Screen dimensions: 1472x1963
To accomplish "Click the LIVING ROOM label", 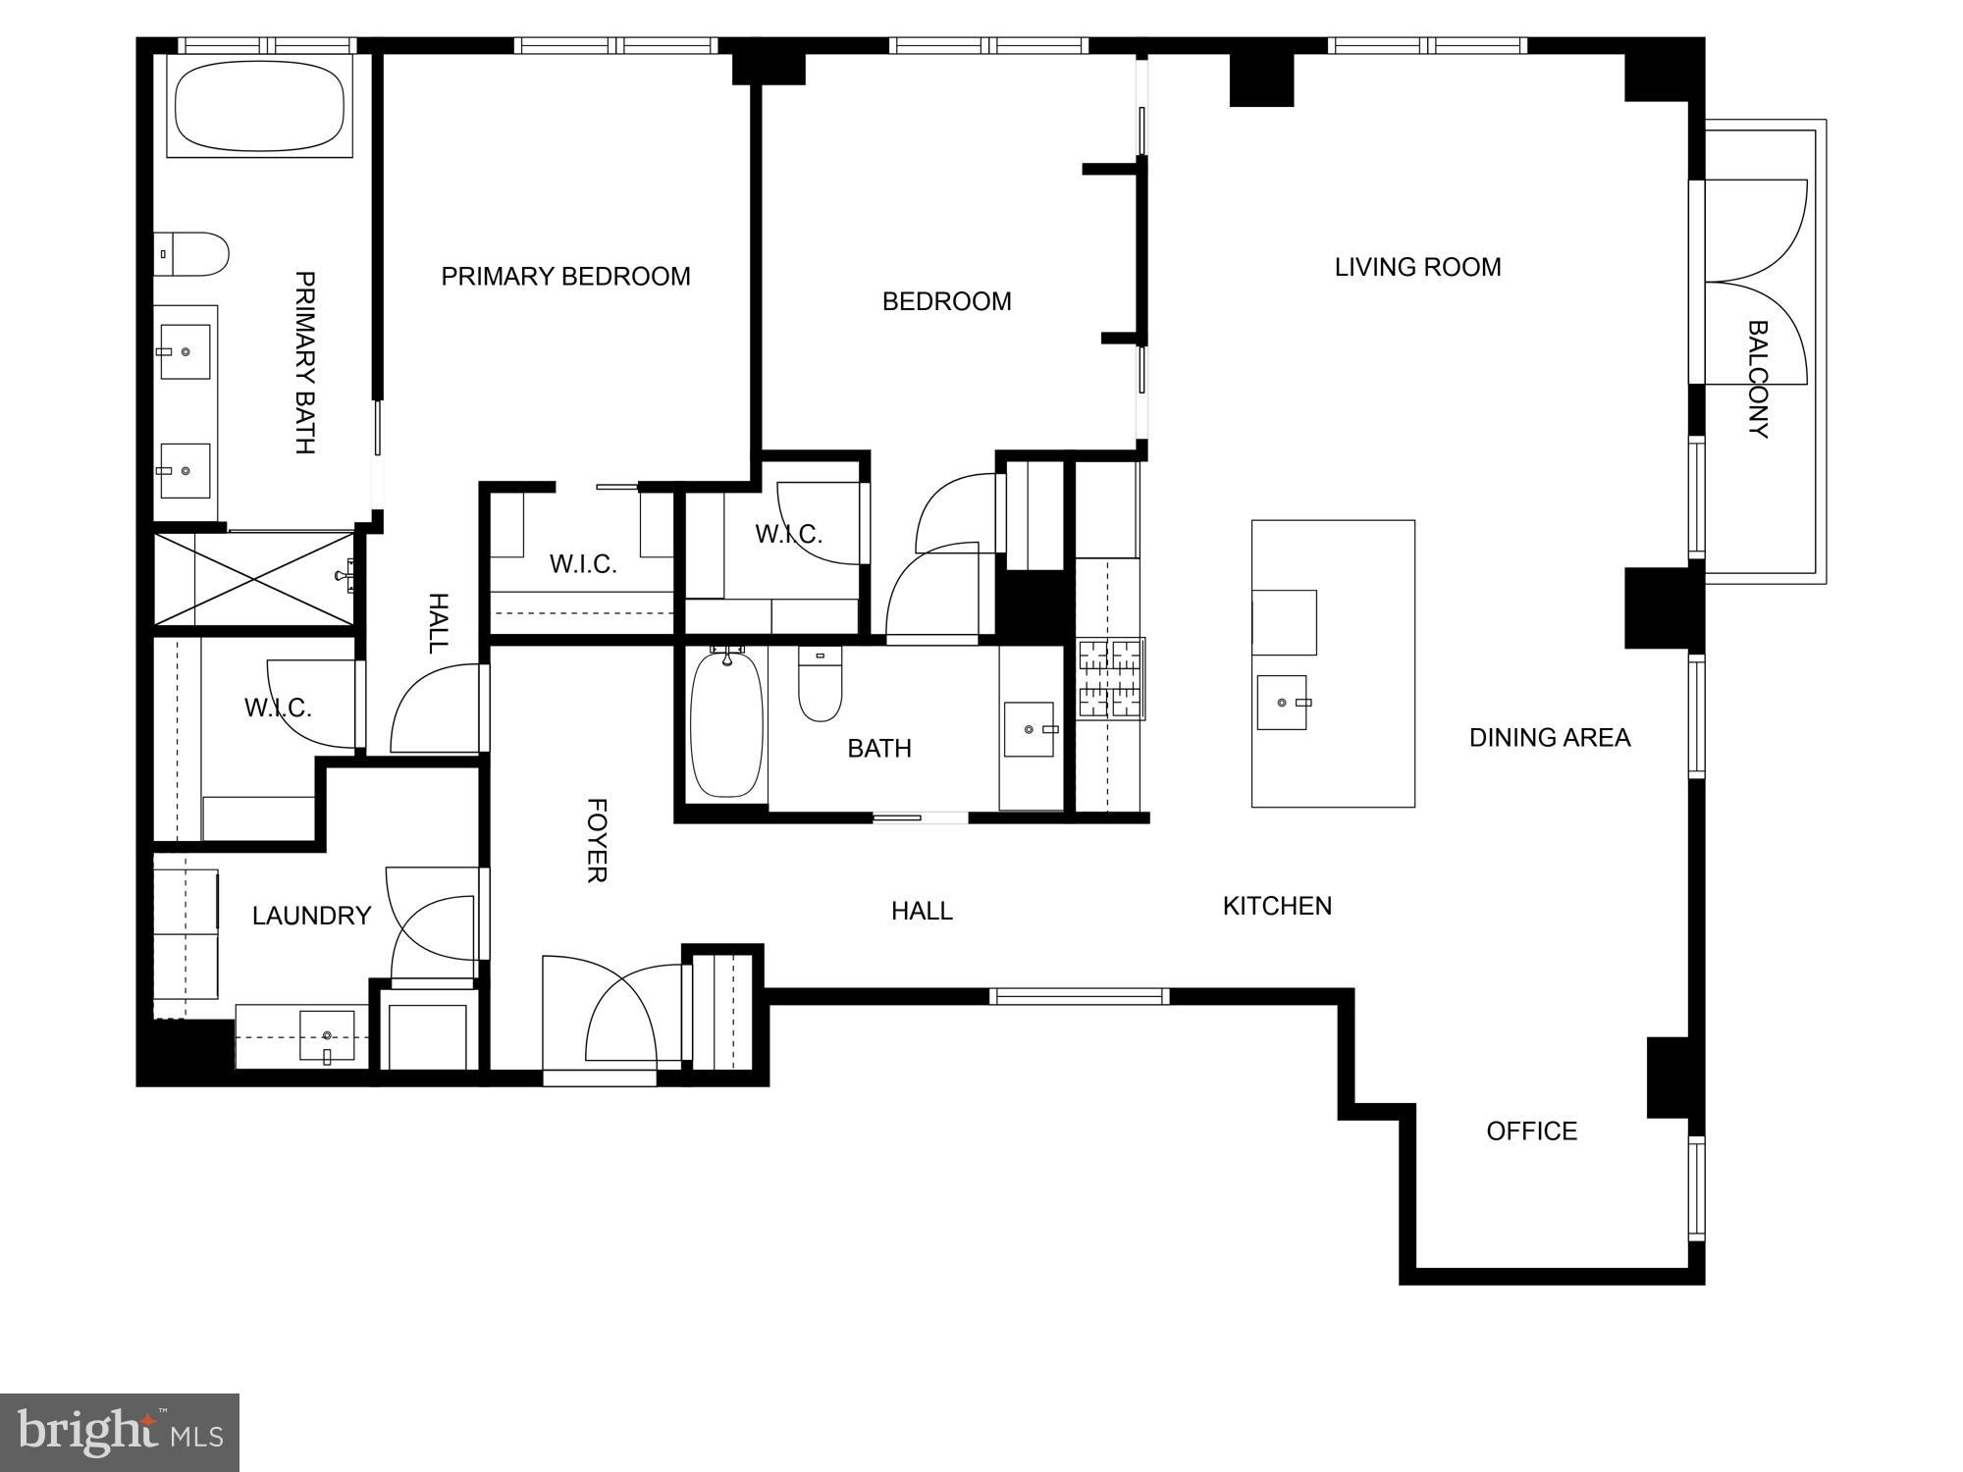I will click(1417, 267).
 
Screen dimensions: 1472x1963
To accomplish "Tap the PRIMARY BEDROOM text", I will click(565, 277).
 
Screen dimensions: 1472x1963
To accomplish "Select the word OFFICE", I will click(1531, 1131).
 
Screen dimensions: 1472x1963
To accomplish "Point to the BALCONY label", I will click(1758, 379).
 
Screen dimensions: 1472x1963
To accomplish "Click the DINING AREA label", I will click(1549, 738).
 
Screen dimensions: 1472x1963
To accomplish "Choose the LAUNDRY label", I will click(311, 916).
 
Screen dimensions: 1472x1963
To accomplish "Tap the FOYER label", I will click(596, 840).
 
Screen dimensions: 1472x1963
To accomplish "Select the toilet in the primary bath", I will click(194, 254).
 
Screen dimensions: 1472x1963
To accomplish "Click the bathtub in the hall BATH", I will click(726, 725).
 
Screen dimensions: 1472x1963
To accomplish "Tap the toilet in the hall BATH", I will click(820, 687).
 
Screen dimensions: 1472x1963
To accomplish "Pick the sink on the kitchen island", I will click(1282, 703).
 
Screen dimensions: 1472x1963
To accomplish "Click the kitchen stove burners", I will click(1111, 678).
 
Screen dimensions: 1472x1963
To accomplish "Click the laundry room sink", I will click(326, 1035).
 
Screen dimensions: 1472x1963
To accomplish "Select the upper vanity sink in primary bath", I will click(185, 351).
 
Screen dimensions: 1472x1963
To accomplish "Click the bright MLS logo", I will click(119, 1432).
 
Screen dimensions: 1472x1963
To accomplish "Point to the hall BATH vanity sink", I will click(1029, 729).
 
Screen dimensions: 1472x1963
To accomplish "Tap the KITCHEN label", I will click(1277, 906).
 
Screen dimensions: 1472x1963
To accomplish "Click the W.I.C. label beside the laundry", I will click(278, 708).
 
